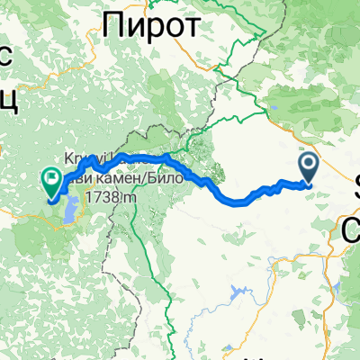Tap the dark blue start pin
[307, 165]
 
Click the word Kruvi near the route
[74, 157]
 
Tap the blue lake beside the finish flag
[67, 214]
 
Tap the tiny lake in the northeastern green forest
[272, 112]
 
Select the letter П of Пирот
[115, 27]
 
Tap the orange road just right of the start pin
[325, 170]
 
